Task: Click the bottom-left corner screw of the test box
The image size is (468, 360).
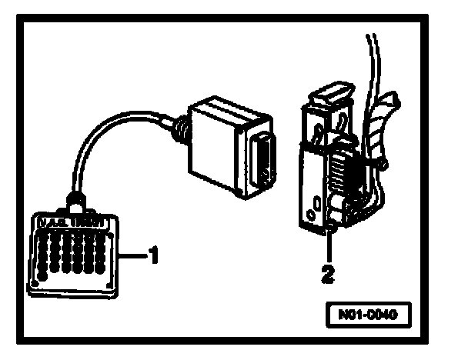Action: [x=35, y=285]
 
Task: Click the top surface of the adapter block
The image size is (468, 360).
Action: [x=231, y=114]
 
